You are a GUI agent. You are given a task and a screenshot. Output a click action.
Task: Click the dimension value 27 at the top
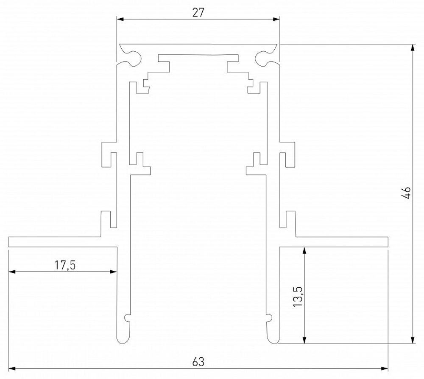198,12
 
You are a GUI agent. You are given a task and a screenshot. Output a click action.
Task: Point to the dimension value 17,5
65,265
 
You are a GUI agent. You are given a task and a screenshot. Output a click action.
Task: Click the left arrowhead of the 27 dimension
120,19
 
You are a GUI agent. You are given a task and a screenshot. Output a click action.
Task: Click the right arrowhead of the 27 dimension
277,19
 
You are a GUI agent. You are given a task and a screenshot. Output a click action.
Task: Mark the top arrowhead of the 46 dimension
413,47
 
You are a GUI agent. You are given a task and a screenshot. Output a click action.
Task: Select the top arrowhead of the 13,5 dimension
304,250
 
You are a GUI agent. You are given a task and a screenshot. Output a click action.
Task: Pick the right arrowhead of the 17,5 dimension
113,271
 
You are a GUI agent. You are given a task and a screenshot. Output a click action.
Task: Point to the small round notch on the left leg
127,317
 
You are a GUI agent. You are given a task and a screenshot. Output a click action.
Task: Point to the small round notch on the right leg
269,317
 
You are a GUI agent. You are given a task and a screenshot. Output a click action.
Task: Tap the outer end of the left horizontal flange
10,241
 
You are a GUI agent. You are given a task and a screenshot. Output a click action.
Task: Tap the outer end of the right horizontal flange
388,241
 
